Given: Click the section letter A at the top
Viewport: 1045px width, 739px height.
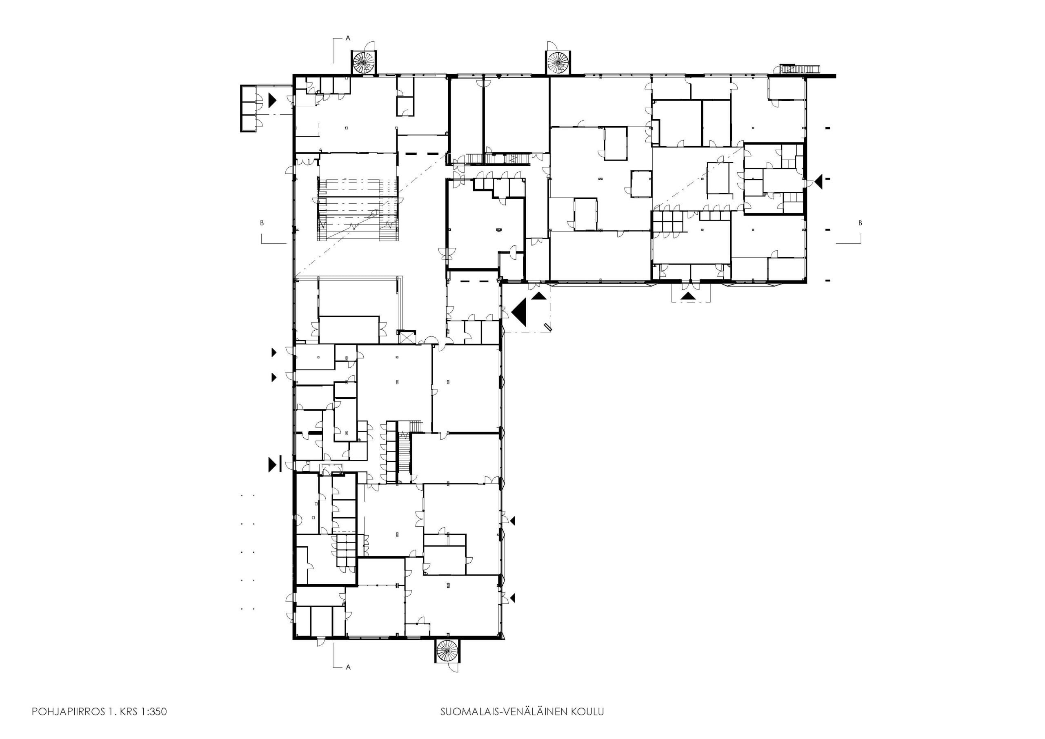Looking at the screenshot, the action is click(348, 39).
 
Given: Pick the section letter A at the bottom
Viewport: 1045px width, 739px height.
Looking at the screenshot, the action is click(348, 668).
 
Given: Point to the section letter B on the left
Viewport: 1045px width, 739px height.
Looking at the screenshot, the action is click(262, 223).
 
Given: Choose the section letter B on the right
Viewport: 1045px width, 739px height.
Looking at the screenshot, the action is click(860, 223).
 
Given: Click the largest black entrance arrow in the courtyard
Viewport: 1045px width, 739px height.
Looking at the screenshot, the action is click(519, 312).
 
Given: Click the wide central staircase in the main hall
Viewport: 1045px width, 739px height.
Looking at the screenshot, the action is click(358, 209).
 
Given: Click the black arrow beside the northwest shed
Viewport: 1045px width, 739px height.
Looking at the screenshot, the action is click(273, 100).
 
